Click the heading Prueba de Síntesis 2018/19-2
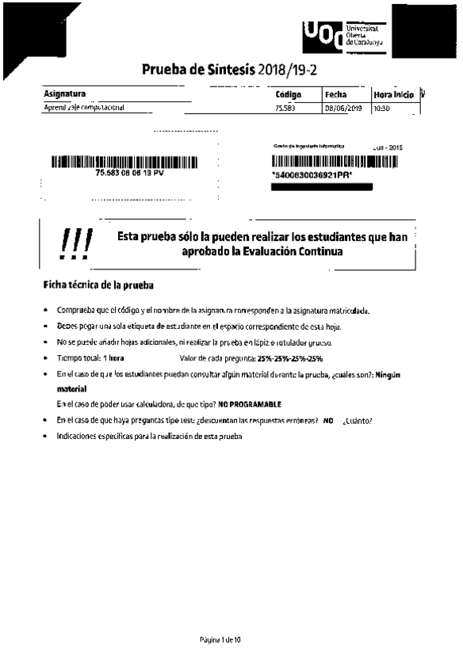[x=229, y=69]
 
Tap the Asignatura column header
[x=65, y=94]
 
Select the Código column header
[x=288, y=94]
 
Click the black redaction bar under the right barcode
[x=321, y=187]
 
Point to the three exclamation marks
[x=77, y=243]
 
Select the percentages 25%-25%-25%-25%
[x=290, y=359]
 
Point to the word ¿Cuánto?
[x=358, y=421]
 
